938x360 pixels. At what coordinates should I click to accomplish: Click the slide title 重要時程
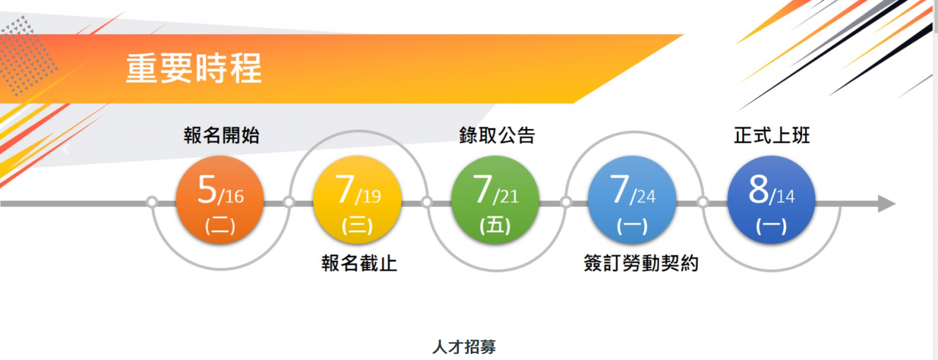click(194, 68)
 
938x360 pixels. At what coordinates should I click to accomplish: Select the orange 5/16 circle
click(220, 199)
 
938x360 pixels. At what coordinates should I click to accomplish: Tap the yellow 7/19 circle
click(357, 199)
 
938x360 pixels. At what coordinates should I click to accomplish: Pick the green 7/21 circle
click(495, 199)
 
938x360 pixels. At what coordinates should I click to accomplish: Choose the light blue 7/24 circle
click(633, 199)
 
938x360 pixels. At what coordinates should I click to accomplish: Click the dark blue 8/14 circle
click(772, 199)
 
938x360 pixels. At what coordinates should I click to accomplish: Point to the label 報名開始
click(222, 135)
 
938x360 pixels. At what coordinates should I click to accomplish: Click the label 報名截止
click(359, 263)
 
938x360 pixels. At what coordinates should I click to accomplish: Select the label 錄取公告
click(497, 135)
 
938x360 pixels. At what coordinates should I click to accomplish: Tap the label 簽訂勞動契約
click(641, 263)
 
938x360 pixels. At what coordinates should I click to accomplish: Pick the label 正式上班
click(772, 135)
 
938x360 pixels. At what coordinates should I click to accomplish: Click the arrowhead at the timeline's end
click(886, 203)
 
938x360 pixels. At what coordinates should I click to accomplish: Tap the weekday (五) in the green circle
click(495, 226)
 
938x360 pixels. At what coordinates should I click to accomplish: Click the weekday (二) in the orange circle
click(220, 226)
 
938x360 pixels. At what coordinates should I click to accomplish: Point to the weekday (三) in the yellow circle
click(357, 226)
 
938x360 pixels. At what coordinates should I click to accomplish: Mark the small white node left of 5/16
click(152, 202)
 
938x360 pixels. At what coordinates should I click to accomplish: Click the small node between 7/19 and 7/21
click(426, 202)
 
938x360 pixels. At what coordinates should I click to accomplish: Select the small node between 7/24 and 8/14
click(703, 202)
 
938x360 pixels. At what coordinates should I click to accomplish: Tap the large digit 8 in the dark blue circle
click(759, 189)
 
